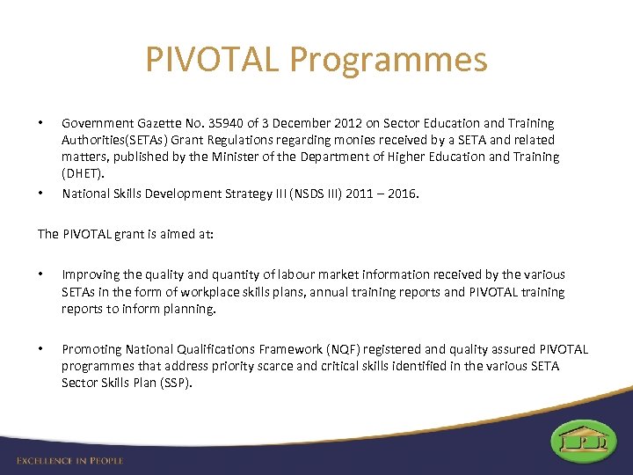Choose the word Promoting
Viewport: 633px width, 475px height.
(92, 350)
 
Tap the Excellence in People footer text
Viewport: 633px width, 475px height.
(70, 460)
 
